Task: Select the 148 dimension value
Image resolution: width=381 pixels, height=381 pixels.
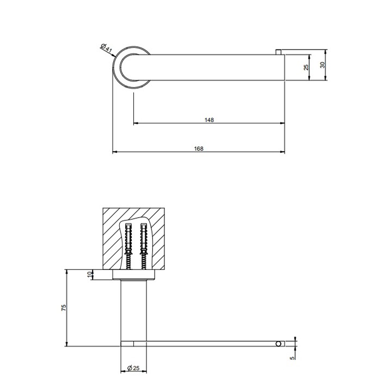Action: [210, 120]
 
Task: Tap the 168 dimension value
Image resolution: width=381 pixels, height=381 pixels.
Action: [199, 148]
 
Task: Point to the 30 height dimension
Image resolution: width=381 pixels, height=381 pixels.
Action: [322, 65]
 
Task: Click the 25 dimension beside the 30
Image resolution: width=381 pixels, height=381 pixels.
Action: [306, 67]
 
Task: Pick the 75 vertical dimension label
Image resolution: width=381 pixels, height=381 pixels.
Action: [64, 308]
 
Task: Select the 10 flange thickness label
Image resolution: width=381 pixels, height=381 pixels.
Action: [90, 274]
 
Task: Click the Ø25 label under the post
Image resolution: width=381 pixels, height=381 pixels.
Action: [133, 368]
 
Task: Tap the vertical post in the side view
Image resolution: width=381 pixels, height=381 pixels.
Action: [134, 310]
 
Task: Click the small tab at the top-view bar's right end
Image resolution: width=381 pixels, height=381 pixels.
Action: [279, 51]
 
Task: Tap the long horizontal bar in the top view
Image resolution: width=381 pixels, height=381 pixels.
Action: [218, 67]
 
